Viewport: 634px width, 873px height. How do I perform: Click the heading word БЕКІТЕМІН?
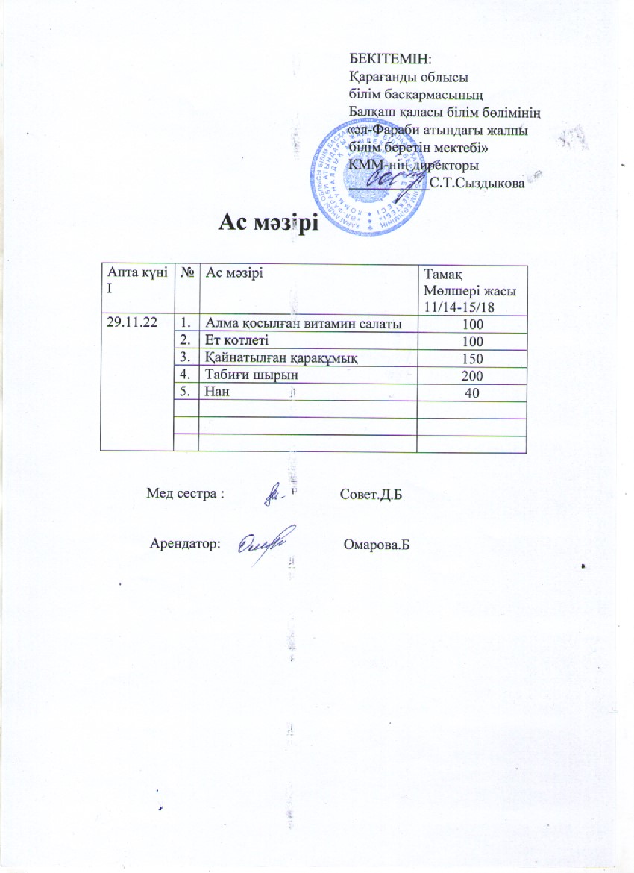[x=392, y=57]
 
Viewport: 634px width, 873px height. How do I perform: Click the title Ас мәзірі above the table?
[x=268, y=223]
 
